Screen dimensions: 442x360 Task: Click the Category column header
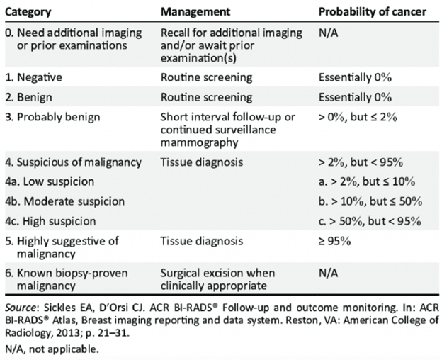point(28,12)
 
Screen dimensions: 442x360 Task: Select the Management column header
point(195,12)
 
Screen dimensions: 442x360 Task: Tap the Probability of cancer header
point(373,12)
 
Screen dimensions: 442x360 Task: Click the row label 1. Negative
point(33,77)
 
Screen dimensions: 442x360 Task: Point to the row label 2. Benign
point(28,97)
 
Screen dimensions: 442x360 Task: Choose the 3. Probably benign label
point(52,117)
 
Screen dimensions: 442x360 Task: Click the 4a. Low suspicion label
point(50,181)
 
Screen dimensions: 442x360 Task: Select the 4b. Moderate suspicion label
point(65,201)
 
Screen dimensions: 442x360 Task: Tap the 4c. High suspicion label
point(50,221)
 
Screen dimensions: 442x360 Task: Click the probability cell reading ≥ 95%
point(334,242)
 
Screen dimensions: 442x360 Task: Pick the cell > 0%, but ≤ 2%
point(358,117)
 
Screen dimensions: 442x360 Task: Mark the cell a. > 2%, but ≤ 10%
point(367,181)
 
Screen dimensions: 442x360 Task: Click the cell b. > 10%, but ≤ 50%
point(370,201)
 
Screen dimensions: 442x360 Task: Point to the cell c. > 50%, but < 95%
point(370,221)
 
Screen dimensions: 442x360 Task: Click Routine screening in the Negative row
point(206,77)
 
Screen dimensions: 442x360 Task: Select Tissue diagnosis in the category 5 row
point(202,242)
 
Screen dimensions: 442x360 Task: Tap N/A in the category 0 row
point(328,33)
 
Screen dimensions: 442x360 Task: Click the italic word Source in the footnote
point(21,308)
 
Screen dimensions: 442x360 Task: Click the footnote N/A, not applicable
point(52,349)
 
